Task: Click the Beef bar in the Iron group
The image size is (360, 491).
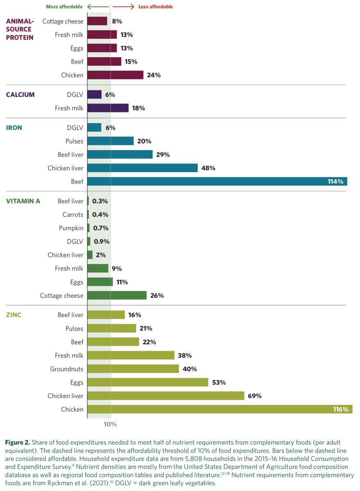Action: click(217, 181)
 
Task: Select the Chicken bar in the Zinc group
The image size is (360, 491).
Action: click(220, 409)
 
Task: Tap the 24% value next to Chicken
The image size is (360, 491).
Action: click(154, 75)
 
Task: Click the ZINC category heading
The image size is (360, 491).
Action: click(14, 315)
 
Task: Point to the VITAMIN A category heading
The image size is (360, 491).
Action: click(23, 201)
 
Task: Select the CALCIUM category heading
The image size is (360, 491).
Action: click(20, 95)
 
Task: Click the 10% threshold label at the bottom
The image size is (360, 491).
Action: click(110, 424)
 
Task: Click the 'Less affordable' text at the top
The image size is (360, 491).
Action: click(156, 7)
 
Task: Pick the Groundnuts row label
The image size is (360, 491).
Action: click(67, 369)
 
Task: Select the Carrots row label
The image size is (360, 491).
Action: click(72, 214)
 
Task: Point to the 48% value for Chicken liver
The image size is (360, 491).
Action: click(208, 168)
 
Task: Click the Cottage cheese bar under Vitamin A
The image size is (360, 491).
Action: click(117, 295)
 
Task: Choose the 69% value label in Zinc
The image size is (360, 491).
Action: click(254, 396)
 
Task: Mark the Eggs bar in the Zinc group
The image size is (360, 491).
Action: click(148, 382)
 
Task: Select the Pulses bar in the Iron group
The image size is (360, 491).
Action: click(110, 141)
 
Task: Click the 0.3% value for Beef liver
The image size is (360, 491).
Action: click(100, 201)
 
